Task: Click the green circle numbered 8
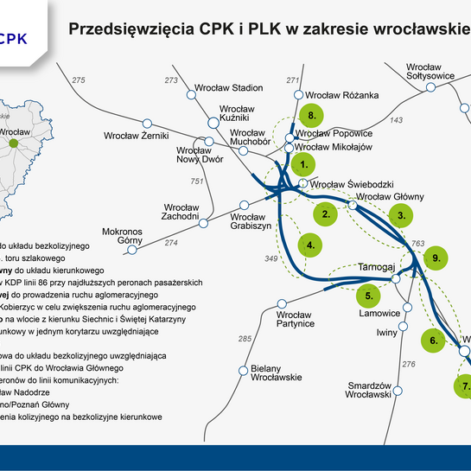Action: click(311, 116)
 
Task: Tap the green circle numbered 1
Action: click(303, 162)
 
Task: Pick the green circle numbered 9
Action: click(436, 258)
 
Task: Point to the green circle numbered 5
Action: click(369, 296)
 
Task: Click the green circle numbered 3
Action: click(400, 214)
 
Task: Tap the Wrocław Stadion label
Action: click(229, 87)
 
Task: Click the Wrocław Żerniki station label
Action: click(136, 136)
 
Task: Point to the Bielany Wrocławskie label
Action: click(276, 372)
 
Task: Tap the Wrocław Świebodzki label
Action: click(352, 184)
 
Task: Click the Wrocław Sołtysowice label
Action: click(430, 71)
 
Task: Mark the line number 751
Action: click(196, 181)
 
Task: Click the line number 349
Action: click(271, 258)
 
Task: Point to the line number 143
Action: click(397, 120)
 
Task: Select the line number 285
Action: click(244, 338)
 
